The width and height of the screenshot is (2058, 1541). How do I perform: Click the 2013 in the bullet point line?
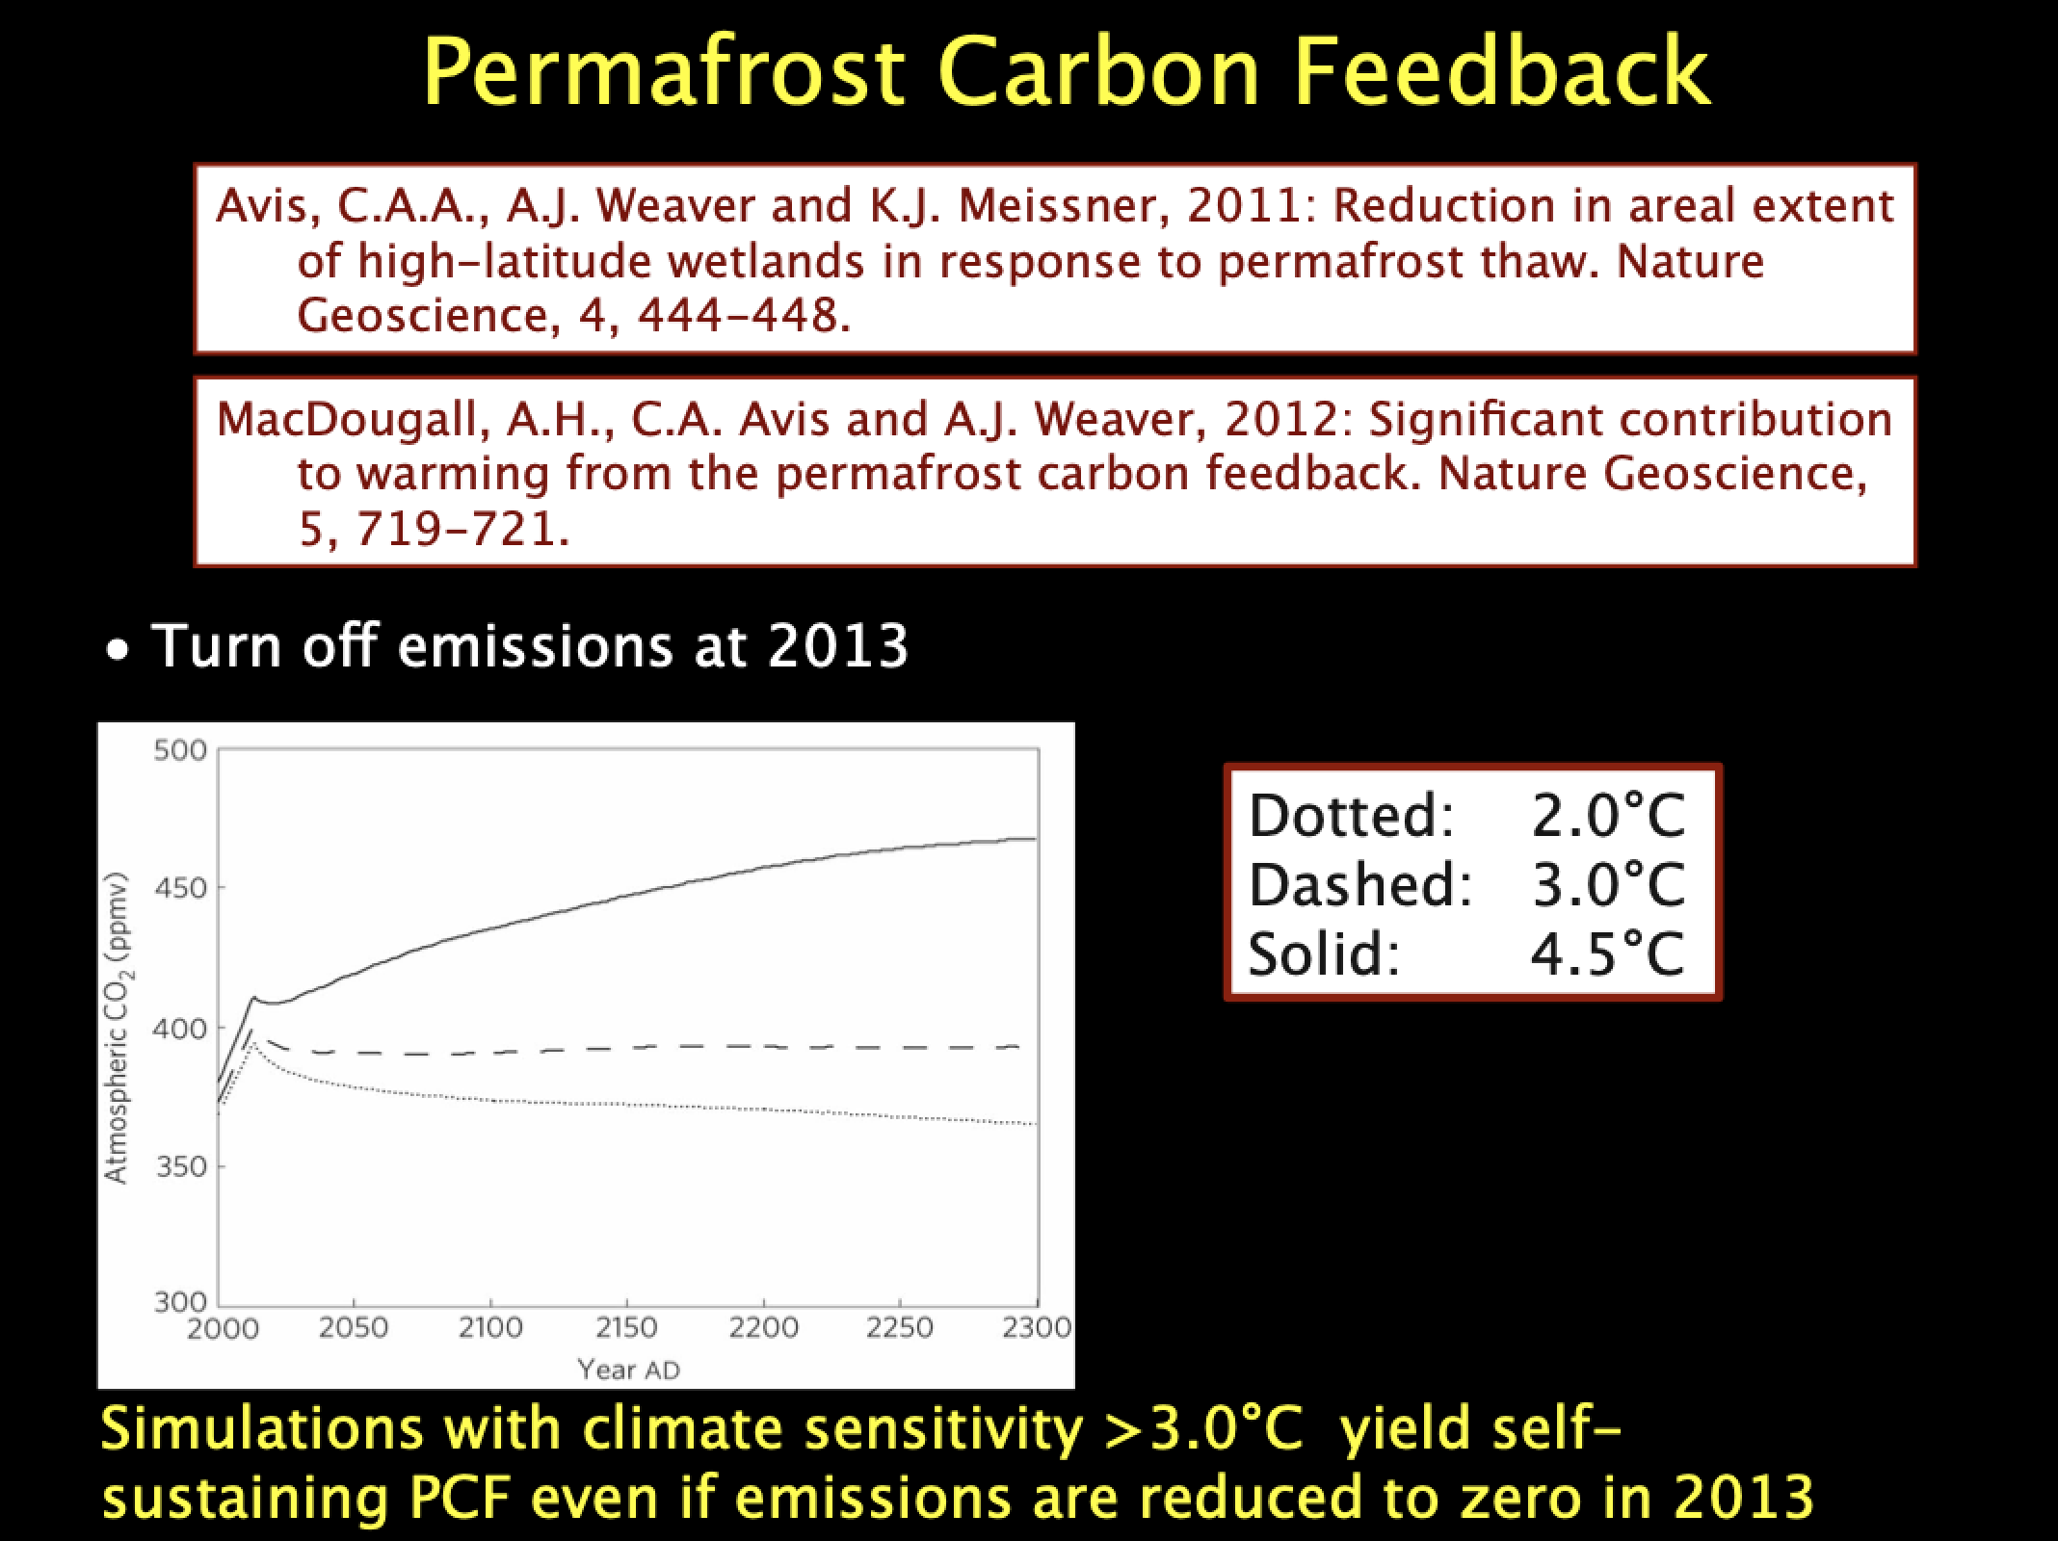click(x=838, y=645)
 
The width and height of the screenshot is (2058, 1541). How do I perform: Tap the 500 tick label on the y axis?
click(x=180, y=750)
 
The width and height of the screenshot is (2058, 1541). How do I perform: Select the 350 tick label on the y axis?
click(x=180, y=1166)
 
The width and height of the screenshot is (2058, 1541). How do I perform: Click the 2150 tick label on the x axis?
click(x=626, y=1328)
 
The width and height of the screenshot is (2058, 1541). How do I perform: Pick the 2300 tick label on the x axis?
click(x=1037, y=1328)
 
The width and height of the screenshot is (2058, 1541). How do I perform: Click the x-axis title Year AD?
click(x=628, y=1370)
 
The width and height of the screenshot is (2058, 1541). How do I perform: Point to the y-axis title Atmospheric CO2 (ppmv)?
click(x=118, y=1027)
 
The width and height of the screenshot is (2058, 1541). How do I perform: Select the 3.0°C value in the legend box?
click(x=1608, y=884)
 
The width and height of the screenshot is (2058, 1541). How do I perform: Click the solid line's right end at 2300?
click(x=1037, y=839)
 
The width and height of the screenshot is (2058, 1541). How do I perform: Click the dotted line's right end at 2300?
click(x=1037, y=1124)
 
